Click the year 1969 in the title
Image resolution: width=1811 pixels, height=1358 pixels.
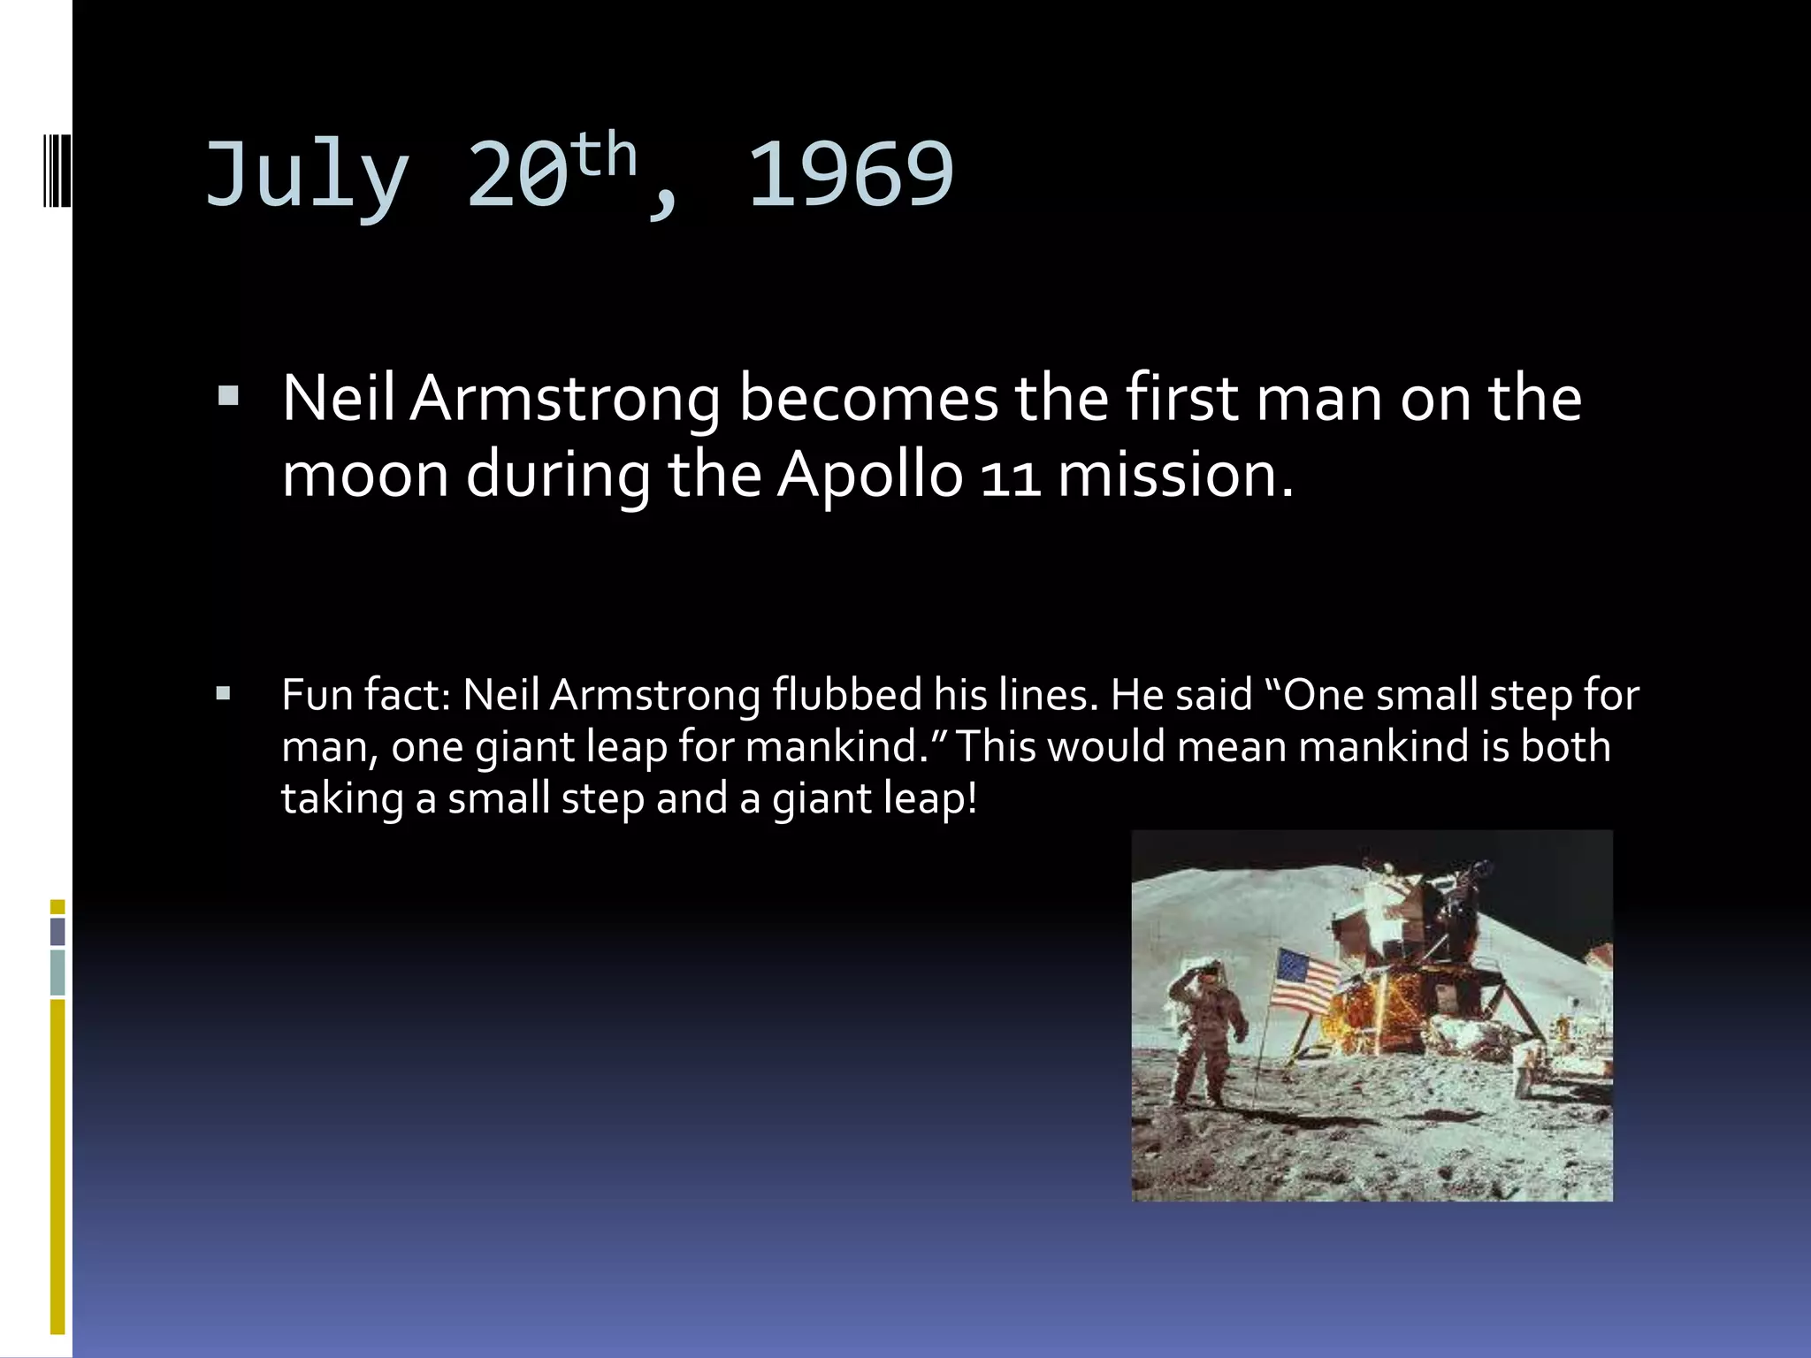point(851,175)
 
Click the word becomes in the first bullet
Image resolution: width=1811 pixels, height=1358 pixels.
point(867,399)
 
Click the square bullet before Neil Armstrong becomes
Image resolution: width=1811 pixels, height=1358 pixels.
point(228,395)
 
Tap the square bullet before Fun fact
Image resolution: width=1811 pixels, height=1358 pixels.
point(223,693)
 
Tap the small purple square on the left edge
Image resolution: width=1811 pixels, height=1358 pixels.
point(57,931)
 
